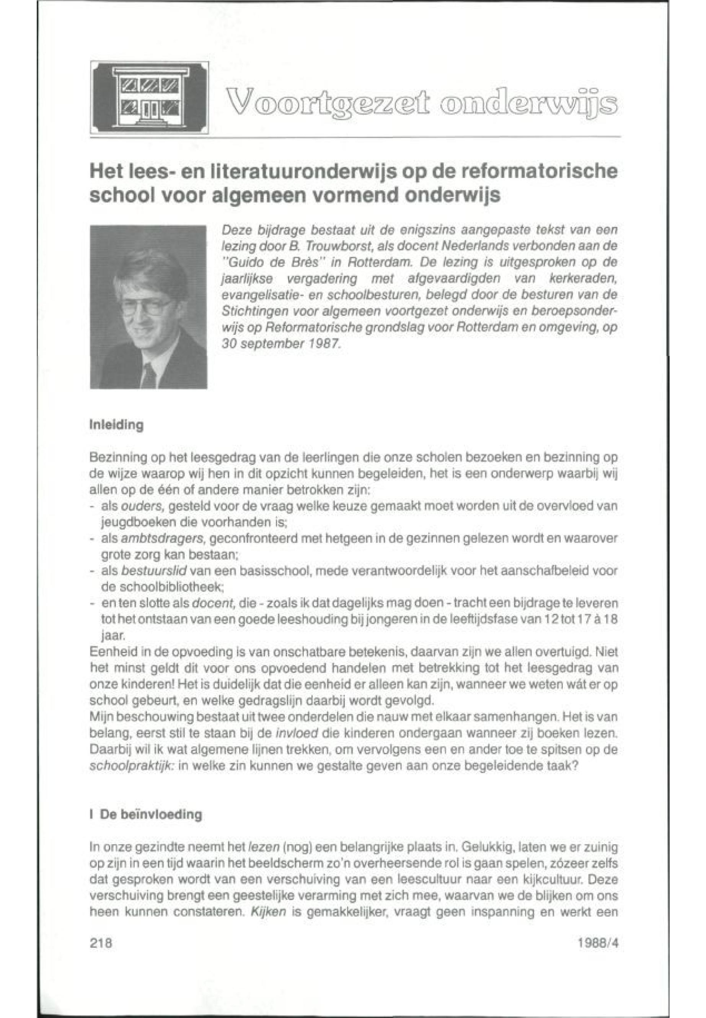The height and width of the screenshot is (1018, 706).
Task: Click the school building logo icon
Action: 149,98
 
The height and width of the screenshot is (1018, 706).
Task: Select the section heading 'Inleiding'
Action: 117,425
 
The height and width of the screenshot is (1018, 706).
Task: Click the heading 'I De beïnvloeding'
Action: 146,814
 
